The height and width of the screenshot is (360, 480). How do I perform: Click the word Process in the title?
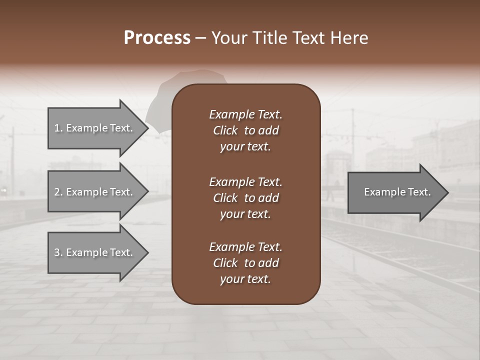(157, 38)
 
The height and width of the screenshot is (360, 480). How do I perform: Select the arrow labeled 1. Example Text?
(95, 128)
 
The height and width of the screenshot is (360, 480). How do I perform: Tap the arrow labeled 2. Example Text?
(95, 192)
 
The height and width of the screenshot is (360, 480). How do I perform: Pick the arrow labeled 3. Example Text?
(95, 252)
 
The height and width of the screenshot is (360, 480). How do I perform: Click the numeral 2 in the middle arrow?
(57, 192)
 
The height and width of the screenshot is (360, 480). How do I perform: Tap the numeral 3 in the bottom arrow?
(57, 252)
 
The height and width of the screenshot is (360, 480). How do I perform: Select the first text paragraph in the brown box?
(245, 130)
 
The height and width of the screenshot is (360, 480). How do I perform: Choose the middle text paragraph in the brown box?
(245, 198)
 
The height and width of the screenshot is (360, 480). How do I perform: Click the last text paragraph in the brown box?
(245, 263)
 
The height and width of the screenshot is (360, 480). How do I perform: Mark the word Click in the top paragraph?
(225, 130)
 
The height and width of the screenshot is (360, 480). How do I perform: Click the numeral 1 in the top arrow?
(56, 128)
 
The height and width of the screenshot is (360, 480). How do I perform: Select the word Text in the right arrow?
(418, 192)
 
